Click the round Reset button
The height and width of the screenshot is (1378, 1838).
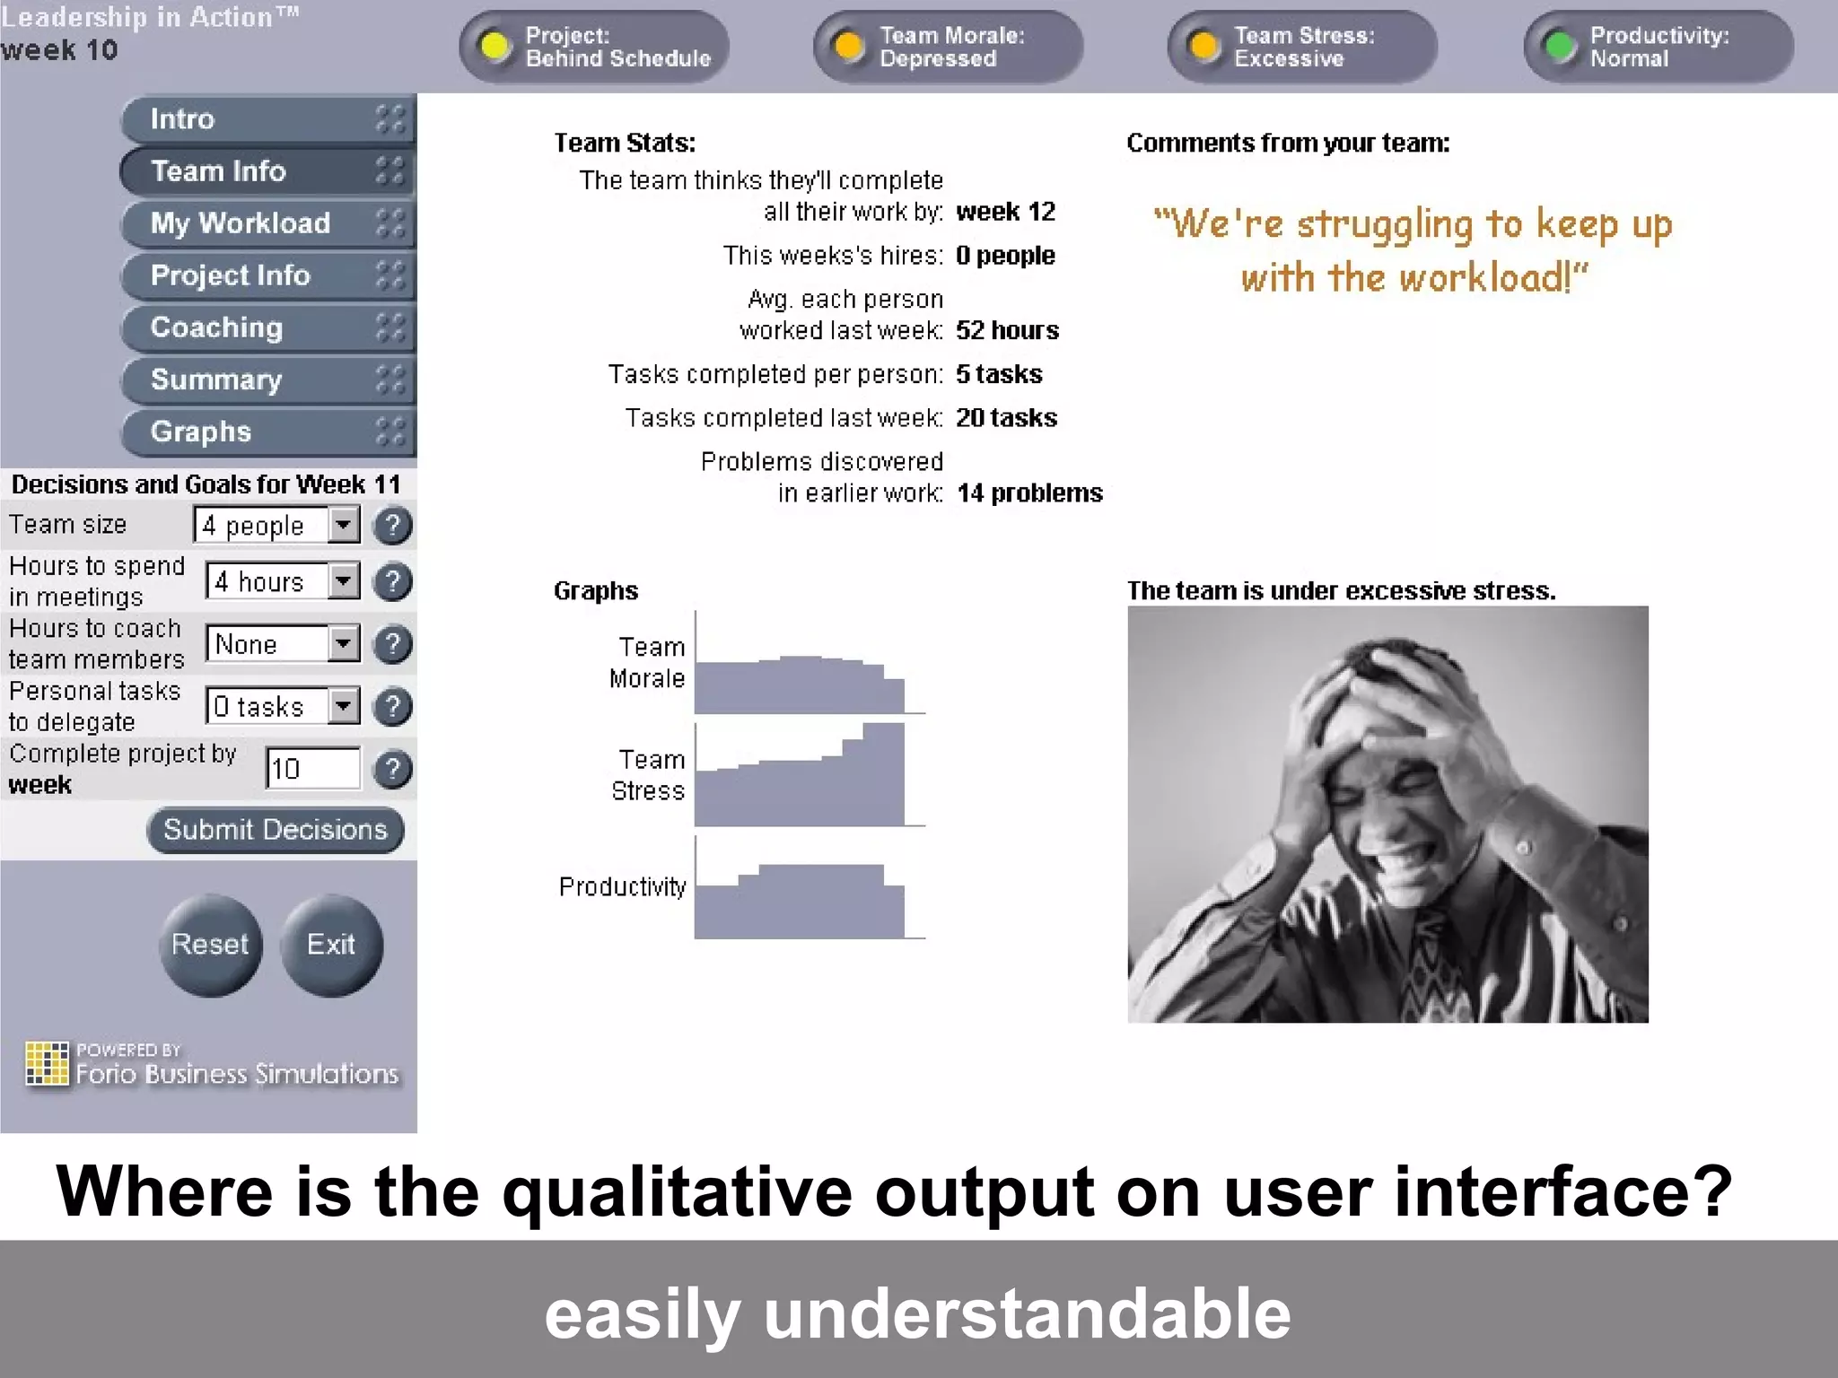(210, 945)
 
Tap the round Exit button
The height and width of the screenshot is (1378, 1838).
(331, 945)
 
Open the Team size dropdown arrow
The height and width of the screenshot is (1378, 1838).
(343, 525)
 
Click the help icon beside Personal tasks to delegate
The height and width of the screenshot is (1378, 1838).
(392, 707)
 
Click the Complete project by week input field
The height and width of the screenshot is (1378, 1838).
(312, 769)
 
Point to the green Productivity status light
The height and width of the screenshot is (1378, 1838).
(1561, 46)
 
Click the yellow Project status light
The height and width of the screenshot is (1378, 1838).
(495, 46)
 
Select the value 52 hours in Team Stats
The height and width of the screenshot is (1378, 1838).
(1006, 330)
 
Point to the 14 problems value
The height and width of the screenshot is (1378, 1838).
(1028, 493)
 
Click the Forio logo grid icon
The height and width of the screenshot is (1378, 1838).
(47, 1063)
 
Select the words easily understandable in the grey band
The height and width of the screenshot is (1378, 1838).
(917, 1313)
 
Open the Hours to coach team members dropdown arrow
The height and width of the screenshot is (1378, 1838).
(343, 643)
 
